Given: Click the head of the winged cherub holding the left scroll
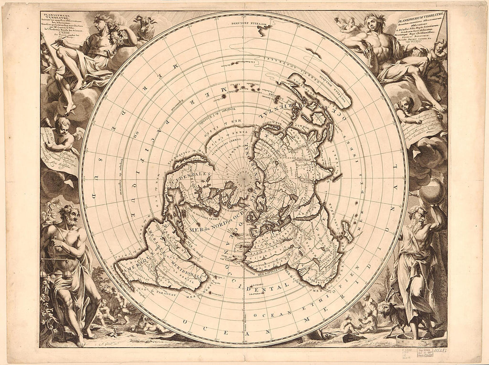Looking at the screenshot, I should point(63,123).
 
